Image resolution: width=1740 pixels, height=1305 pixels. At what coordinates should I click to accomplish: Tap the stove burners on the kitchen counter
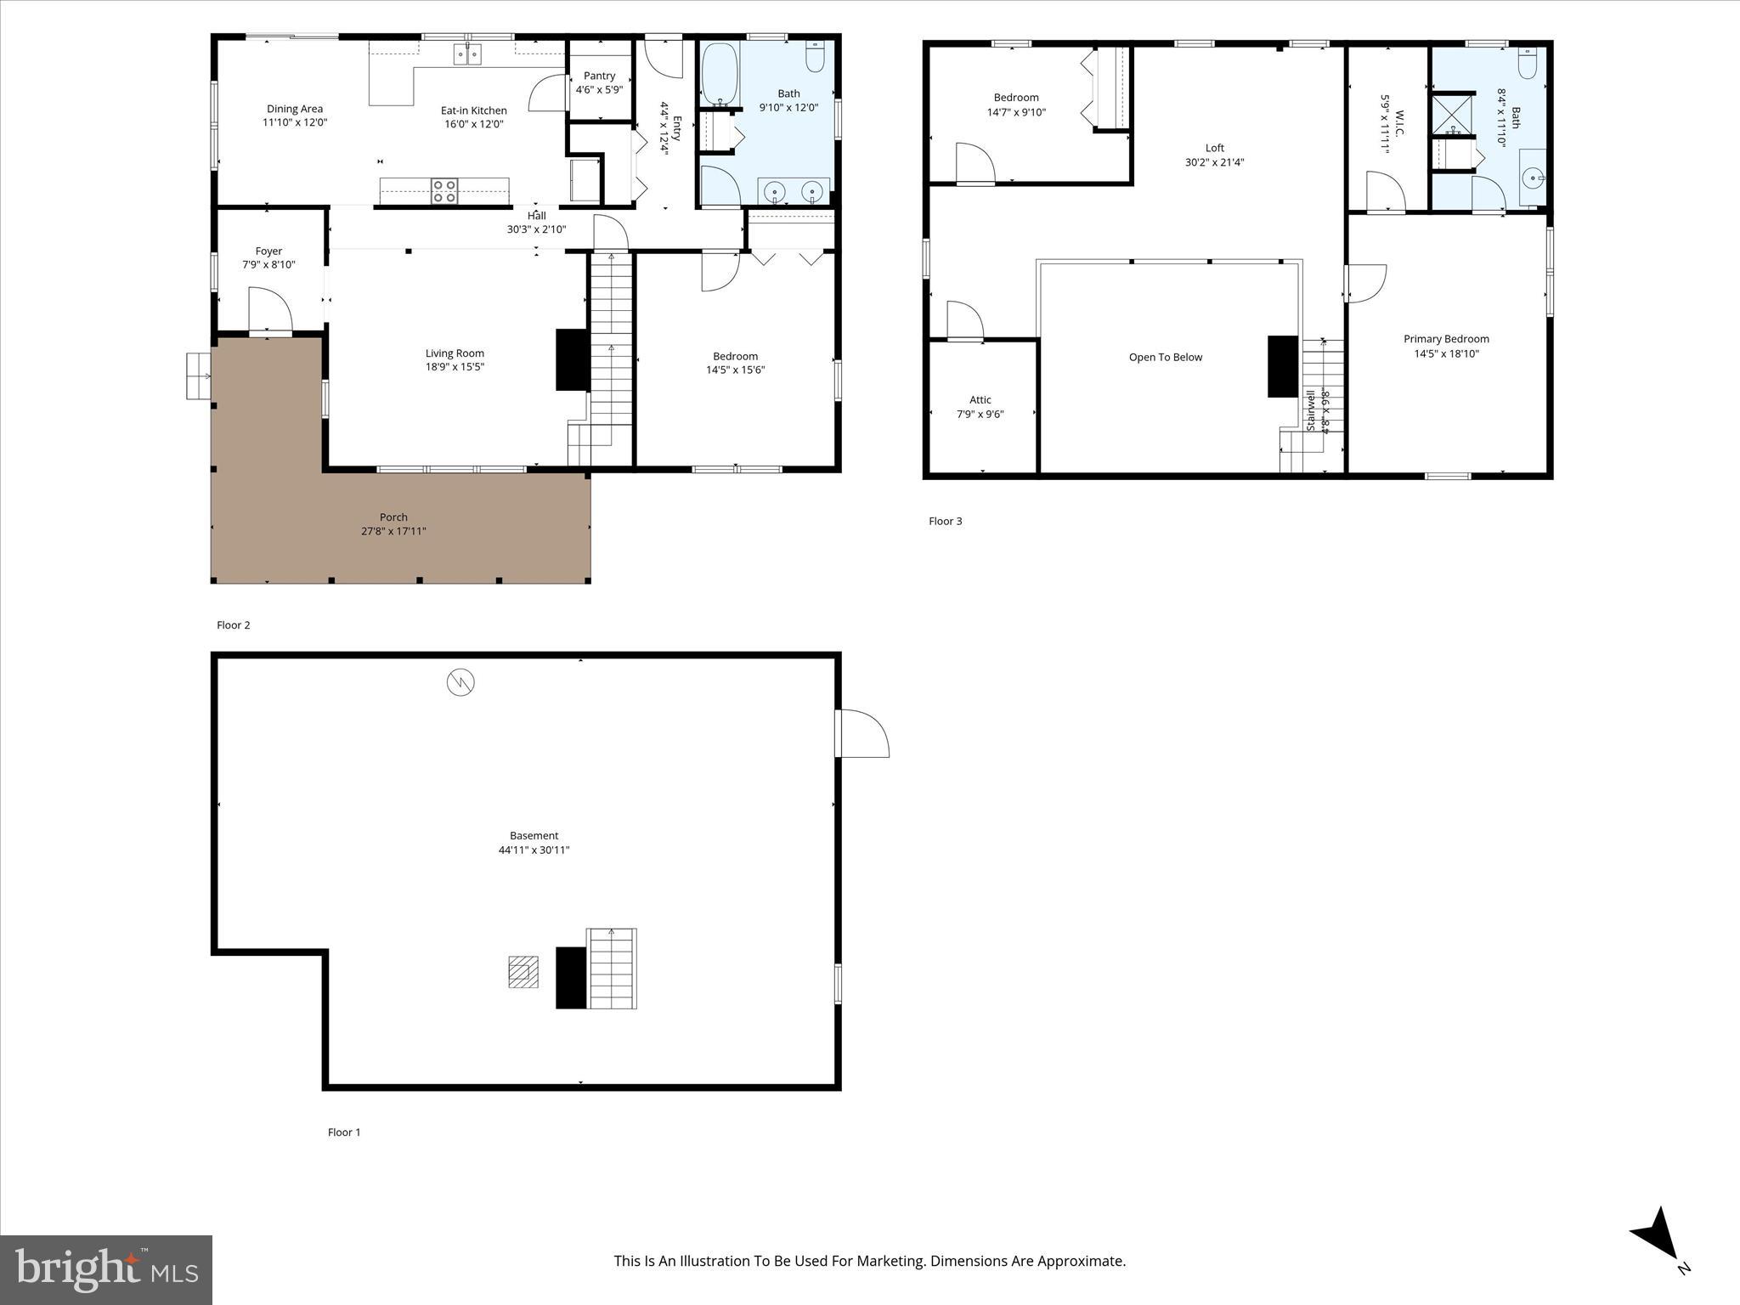click(x=444, y=191)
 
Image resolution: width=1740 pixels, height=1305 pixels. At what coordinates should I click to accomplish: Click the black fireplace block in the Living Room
click(x=572, y=359)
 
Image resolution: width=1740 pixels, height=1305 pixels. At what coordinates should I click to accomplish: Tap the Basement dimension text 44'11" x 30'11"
click(x=534, y=850)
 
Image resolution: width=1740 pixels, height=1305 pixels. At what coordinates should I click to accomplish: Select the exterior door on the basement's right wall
click(x=862, y=733)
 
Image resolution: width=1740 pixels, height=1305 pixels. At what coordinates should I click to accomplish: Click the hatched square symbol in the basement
click(x=523, y=972)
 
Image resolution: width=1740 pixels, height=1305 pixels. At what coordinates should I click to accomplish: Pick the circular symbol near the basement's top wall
click(x=460, y=681)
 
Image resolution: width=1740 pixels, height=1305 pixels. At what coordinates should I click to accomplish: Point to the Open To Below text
click(x=1165, y=357)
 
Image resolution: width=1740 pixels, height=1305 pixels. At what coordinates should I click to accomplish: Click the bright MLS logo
click(x=106, y=1269)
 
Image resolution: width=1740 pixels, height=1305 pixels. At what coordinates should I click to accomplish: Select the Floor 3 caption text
click(x=945, y=521)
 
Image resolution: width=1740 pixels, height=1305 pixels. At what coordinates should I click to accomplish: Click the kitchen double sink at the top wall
click(x=467, y=54)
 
